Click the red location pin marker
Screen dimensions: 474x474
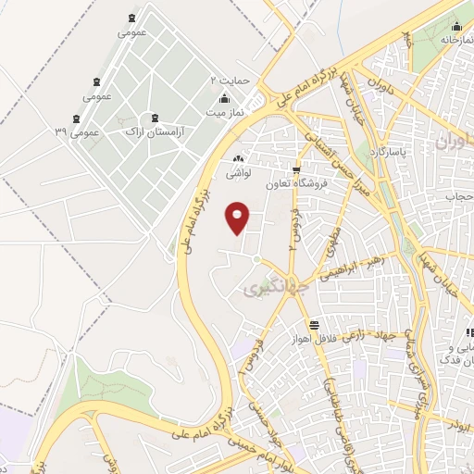pyautogui.click(x=239, y=217)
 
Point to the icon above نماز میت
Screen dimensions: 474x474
pyautogui.click(x=222, y=99)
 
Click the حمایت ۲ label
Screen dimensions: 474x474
pyautogui.click(x=230, y=81)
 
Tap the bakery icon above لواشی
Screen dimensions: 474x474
pyautogui.click(x=239, y=157)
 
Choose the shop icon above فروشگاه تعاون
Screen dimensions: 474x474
pyautogui.click(x=296, y=169)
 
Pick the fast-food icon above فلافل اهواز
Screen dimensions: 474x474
pyautogui.click(x=315, y=324)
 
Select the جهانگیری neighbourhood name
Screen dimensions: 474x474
pyautogui.click(x=267, y=290)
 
